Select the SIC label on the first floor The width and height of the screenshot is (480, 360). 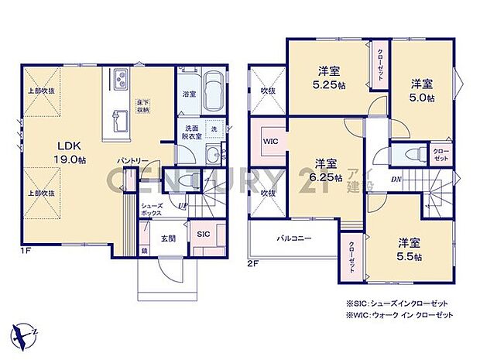[x=204, y=233]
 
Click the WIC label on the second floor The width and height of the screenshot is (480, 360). [x=269, y=142]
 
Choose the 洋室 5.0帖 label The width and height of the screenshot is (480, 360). [x=422, y=91]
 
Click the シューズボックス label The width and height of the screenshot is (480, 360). [x=151, y=211]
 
